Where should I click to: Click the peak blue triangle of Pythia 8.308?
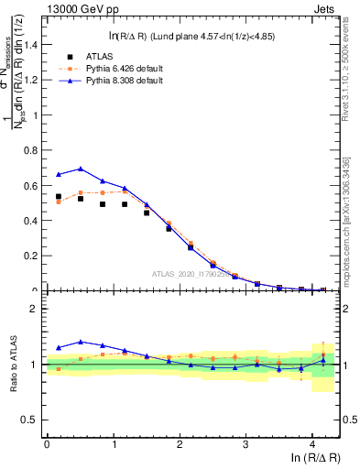[81, 169]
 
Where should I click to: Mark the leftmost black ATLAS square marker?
[59, 196]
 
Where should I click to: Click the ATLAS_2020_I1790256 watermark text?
[193, 274]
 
